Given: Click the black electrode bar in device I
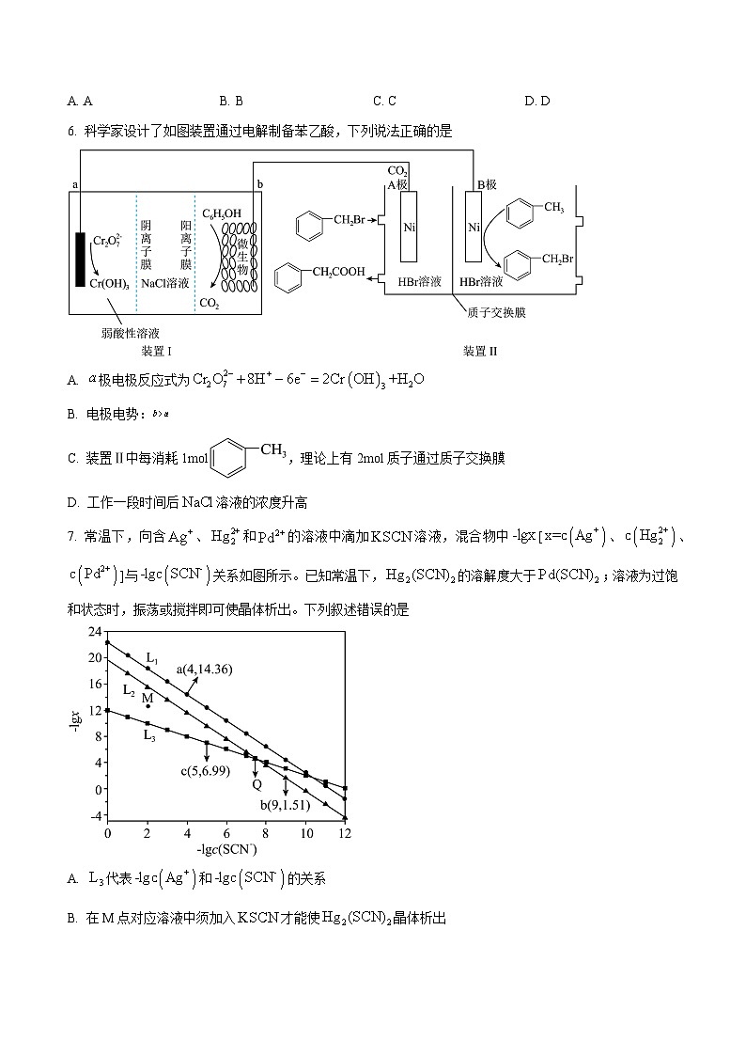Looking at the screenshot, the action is pos(81,258).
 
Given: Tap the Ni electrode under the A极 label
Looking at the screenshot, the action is pos(409,227).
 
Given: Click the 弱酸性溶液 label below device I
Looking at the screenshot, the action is pos(131,332).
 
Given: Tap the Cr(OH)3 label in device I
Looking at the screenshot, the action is pos(110,282).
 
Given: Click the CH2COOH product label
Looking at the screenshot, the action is pos(340,273).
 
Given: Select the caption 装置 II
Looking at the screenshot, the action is pos(479,351).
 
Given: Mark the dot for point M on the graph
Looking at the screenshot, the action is pos(148,706).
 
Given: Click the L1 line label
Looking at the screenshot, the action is pos(152,658).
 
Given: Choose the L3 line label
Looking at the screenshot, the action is pos(149,735).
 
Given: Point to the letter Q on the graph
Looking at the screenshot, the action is pos(256,783).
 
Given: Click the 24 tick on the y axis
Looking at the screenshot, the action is pos(92,631).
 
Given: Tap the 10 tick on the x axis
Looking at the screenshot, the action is pos(305,833).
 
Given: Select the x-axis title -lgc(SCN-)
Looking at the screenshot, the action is pos(226,850).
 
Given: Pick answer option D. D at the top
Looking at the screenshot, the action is pos(536,101).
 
